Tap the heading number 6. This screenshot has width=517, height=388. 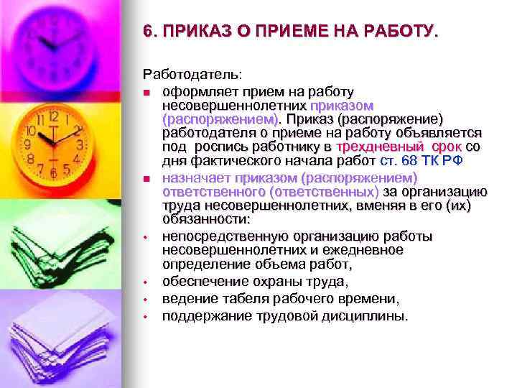[147, 32]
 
